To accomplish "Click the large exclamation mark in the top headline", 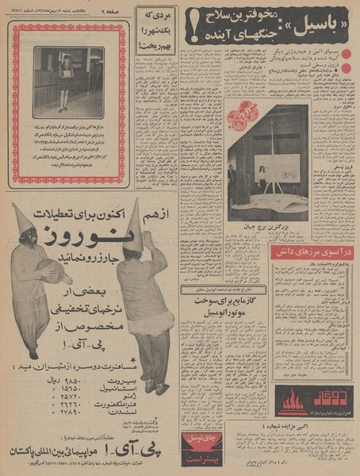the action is coord(194,29).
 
